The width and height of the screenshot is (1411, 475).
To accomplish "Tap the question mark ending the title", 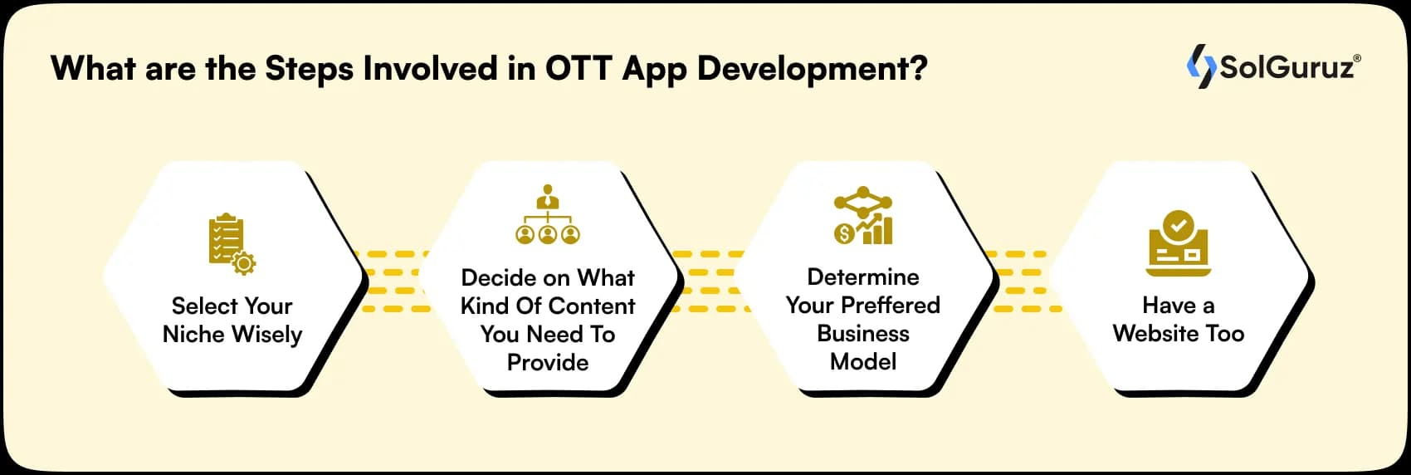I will click(x=918, y=68).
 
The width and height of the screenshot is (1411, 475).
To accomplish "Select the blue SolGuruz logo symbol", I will click(x=1201, y=66).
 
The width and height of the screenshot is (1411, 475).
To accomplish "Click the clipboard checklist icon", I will click(x=226, y=239).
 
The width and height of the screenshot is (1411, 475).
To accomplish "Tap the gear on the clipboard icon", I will click(x=244, y=263).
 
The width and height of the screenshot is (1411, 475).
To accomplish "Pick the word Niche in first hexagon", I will click(x=194, y=334).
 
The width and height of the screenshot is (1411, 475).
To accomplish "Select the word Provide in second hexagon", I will click(x=548, y=362).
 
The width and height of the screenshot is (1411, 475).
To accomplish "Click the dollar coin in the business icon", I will click(x=844, y=234).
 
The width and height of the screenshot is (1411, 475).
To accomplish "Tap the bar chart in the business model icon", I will click(x=878, y=229).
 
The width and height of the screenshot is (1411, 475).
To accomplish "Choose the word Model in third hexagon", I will click(x=863, y=361).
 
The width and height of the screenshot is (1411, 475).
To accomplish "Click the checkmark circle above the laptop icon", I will click(x=1177, y=224).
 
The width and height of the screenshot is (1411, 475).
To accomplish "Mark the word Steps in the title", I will click(x=309, y=68).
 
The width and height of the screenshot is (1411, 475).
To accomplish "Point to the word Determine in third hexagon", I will click(x=863, y=277).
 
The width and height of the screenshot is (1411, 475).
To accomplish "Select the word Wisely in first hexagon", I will click(x=267, y=334).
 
